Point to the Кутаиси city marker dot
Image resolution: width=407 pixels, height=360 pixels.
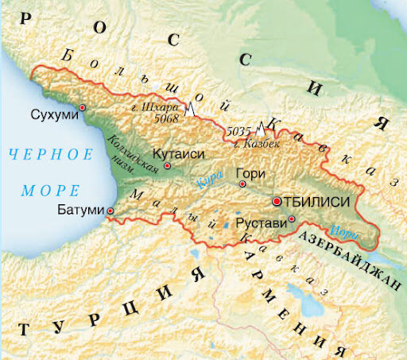pyautogui.click(x=167, y=166)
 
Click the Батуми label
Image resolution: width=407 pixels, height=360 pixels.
pyautogui.click(x=81, y=211)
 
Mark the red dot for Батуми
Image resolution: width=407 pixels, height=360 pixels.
pyautogui.click(x=110, y=211)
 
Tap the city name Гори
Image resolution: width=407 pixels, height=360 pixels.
pyautogui.click(x=250, y=172)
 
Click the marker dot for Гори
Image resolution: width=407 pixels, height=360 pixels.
pyautogui.click(x=242, y=184)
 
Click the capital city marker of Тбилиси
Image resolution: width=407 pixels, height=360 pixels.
pyautogui.click(x=277, y=202)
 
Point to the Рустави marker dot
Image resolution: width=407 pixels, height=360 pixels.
pyautogui.click(x=293, y=219)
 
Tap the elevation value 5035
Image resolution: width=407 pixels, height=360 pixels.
pyautogui.click(x=239, y=130)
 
